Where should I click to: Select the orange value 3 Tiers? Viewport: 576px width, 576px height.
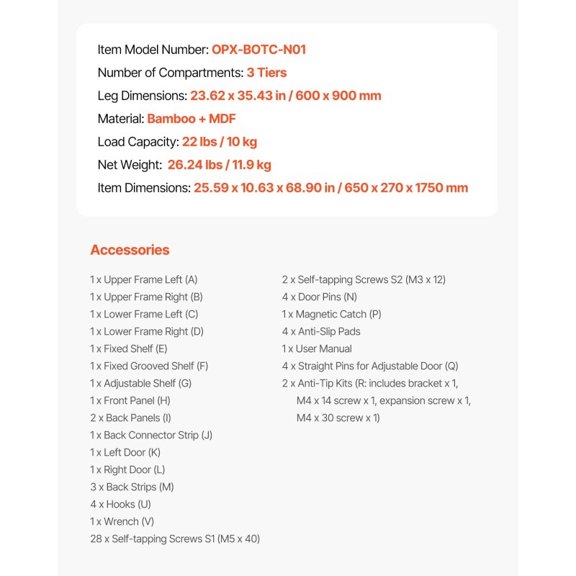(266, 73)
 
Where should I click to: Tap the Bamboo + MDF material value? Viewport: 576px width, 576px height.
(192, 119)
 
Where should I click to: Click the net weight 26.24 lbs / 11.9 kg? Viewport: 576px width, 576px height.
(219, 165)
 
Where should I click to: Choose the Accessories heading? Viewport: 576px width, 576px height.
(130, 250)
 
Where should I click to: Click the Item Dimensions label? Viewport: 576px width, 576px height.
(144, 188)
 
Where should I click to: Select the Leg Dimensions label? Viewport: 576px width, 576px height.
(142, 96)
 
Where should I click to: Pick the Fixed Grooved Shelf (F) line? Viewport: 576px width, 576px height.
(149, 366)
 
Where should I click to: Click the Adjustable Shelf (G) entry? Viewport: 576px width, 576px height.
(140, 383)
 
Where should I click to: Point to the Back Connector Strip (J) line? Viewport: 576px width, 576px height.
(151, 435)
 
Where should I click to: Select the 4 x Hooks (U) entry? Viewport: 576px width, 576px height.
(120, 504)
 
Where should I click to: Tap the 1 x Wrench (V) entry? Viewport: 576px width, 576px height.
(122, 521)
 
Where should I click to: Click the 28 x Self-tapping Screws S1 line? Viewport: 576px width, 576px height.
(175, 539)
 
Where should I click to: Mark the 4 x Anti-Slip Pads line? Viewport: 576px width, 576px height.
(321, 331)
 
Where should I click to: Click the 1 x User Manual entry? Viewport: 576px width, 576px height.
(317, 348)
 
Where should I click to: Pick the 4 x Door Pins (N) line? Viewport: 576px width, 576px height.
(319, 297)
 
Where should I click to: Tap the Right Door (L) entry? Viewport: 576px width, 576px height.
(127, 469)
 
